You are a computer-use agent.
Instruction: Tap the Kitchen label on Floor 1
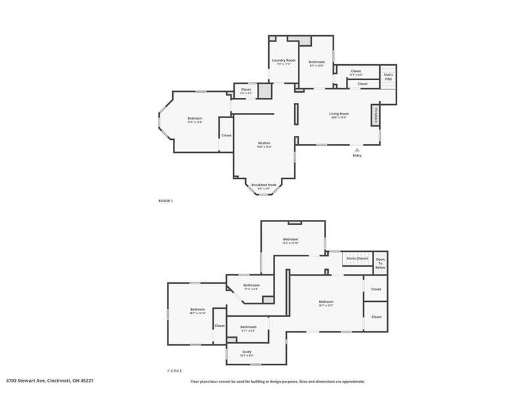pyautogui.click(x=264, y=143)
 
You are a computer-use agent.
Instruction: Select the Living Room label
pyautogui.click(x=339, y=114)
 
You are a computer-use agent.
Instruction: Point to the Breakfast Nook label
pyautogui.click(x=264, y=185)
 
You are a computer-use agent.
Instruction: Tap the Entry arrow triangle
pyautogui.click(x=357, y=150)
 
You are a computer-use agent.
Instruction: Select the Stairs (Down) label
pyautogui.click(x=356, y=259)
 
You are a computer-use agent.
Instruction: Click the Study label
pyautogui.click(x=247, y=353)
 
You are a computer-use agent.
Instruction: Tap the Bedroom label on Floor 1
pyautogui.click(x=195, y=119)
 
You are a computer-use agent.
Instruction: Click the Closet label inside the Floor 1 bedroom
pyautogui.click(x=226, y=135)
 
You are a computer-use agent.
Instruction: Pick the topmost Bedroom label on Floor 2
pyautogui.click(x=291, y=240)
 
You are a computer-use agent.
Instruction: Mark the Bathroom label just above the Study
pyautogui.click(x=248, y=327)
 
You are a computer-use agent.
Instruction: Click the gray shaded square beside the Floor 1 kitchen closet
pyautogui.click(x=264, y=91)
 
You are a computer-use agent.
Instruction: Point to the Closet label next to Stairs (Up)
pyautogui.click(x=356, y=71)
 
